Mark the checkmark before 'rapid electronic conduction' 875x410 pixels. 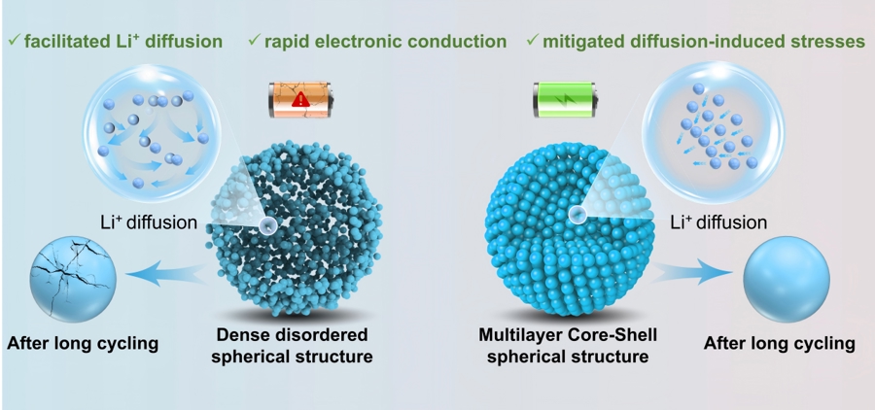pyautogui.click(x=254, y=42)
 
